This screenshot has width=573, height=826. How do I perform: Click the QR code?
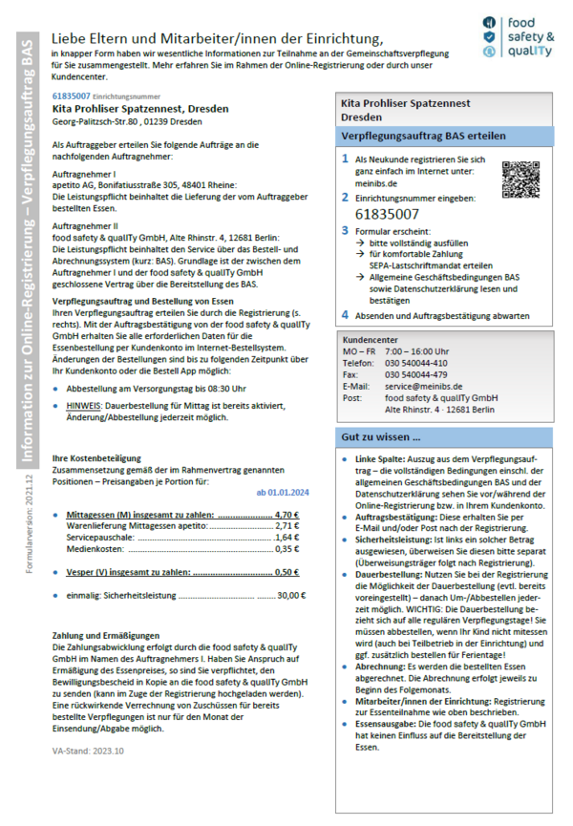521,180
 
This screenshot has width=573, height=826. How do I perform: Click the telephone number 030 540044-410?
415,364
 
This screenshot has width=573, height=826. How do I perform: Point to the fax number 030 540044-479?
415,375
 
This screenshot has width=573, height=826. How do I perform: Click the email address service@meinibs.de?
419,387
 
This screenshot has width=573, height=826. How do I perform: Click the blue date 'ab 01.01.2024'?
284,493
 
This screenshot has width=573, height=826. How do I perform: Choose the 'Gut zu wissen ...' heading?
381,438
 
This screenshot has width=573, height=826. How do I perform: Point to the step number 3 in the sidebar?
346,231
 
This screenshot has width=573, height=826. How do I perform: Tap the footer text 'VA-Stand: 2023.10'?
88,752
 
